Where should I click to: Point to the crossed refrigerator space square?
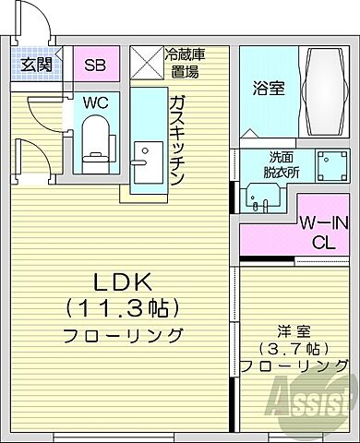(x=145, y=64)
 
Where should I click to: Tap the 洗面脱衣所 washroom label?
(x=267, y=164)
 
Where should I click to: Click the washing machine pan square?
(x=329, y=166)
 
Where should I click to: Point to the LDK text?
(x=120, y=281)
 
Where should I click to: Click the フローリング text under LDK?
(x=122, y=334)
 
